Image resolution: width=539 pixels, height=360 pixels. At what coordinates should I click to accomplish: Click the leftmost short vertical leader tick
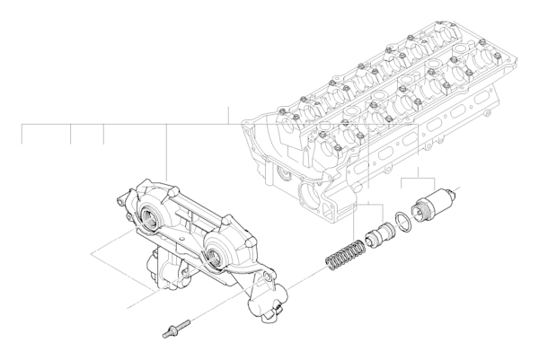[22, 135]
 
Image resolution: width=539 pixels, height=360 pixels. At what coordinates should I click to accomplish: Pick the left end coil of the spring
[329, 261]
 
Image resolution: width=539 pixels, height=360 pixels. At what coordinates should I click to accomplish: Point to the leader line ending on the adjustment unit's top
[167, 153]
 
